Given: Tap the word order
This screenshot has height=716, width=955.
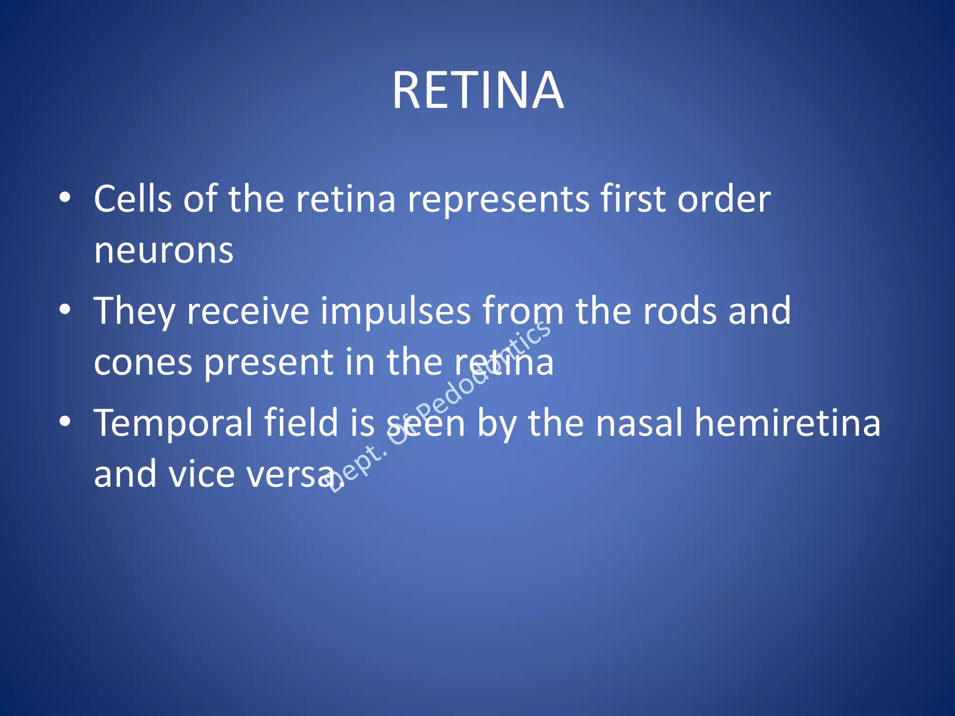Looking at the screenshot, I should (724, 199).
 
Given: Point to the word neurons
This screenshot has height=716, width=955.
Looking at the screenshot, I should (164, 251).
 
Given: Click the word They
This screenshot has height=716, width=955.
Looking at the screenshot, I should (135, 311).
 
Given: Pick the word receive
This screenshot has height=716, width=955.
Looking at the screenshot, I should (248, 311).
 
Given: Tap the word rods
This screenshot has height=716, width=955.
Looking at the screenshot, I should (680, 311).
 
